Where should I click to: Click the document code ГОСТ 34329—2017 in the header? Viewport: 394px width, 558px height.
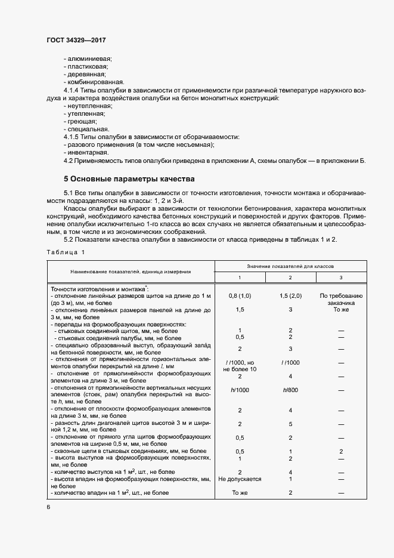[76, 40]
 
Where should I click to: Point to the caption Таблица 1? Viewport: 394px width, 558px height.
[66, 253]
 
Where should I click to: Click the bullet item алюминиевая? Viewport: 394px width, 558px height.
[89, 58]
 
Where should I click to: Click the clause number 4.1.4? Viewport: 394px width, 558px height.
[73, 90]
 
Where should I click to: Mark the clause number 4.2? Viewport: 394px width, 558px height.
[69, 161]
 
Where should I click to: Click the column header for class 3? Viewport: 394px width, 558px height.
[340, 278]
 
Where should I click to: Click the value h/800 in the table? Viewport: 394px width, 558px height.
[290, 390]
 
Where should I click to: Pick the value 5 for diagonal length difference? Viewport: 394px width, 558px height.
[290, 424]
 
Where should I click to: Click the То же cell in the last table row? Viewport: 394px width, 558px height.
[239, 493]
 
